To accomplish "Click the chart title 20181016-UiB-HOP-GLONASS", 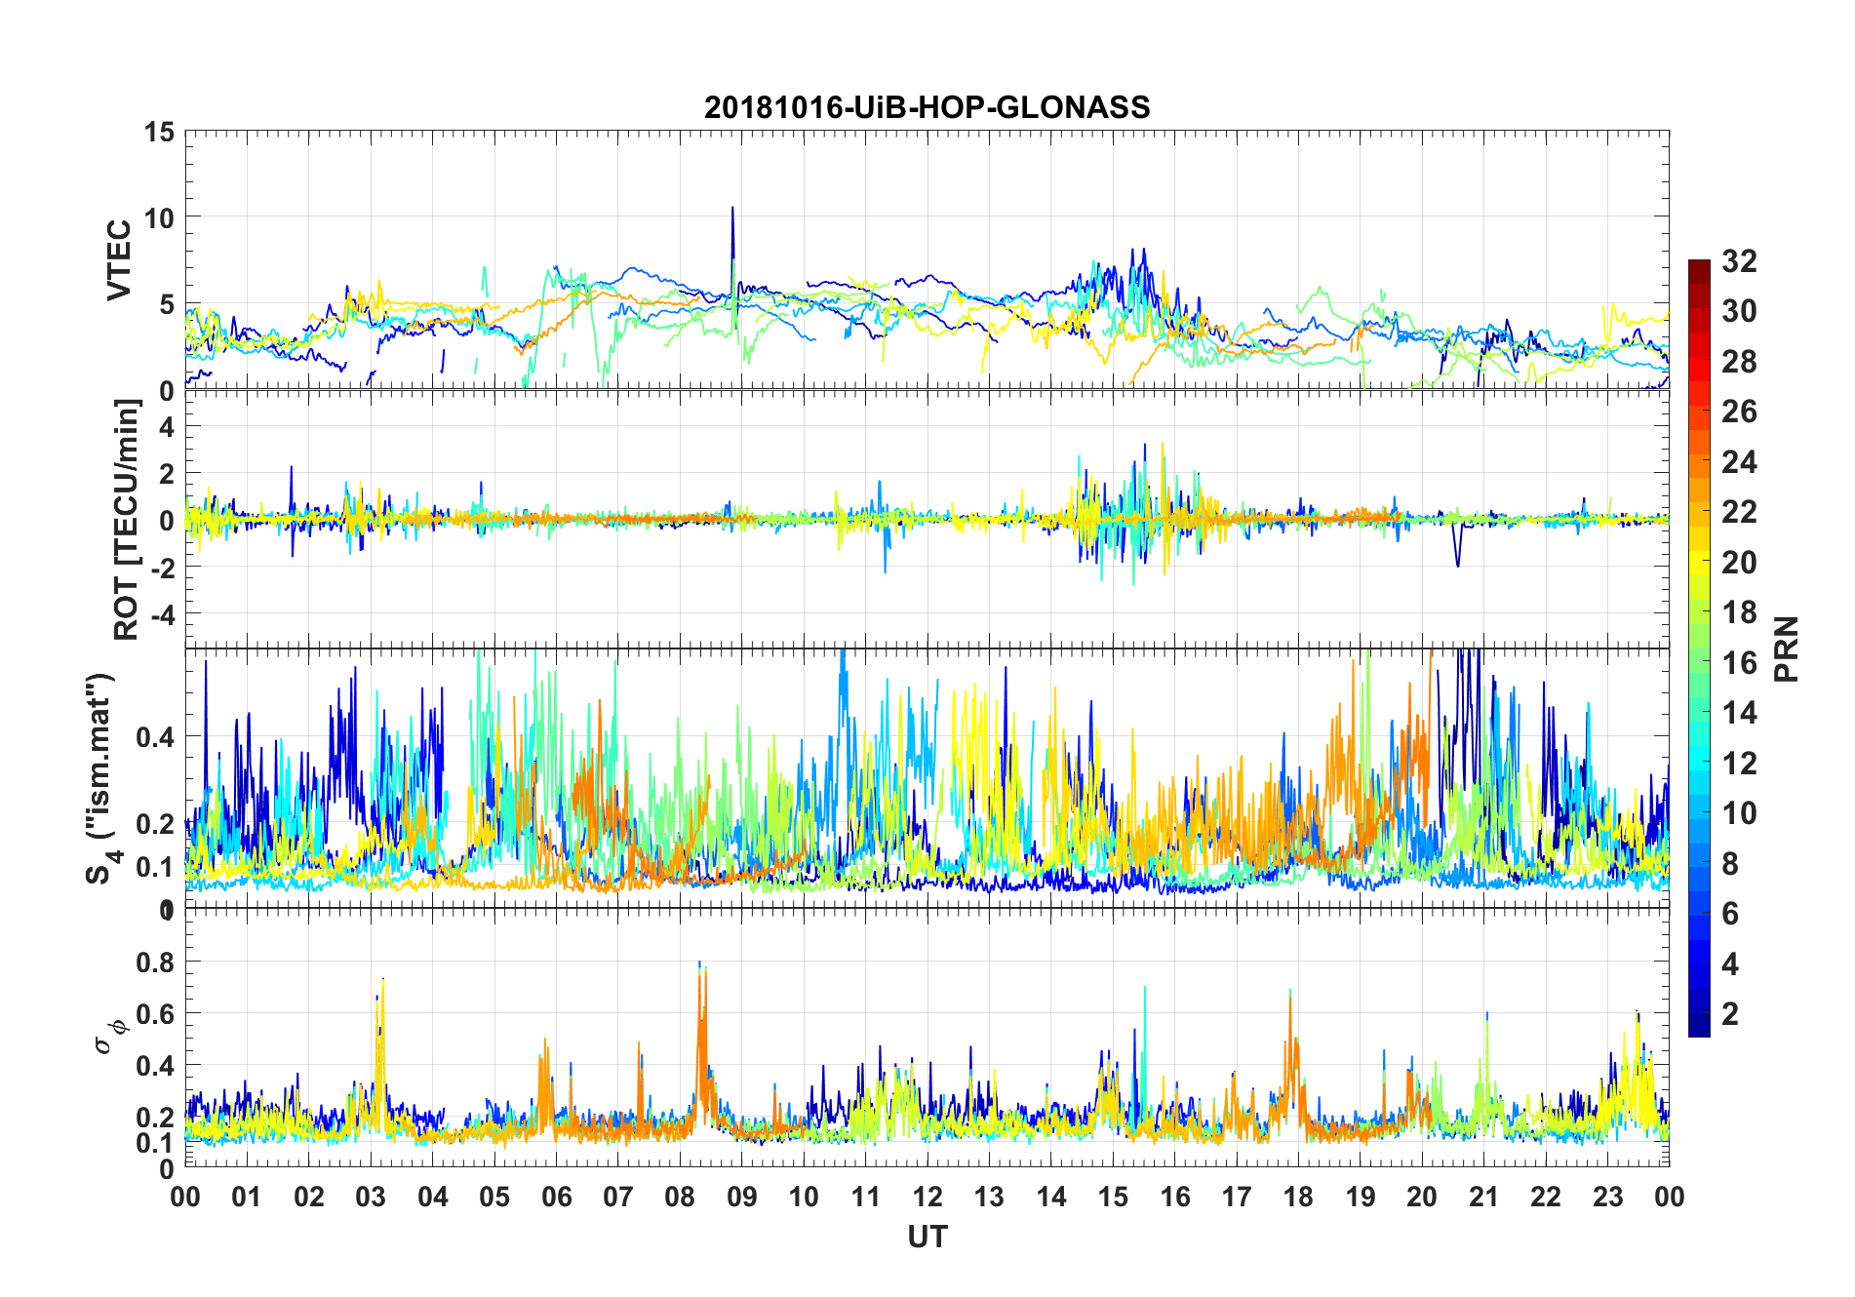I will pos(927,106).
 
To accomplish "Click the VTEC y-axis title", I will pos(119,260).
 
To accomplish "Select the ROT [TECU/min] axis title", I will pos(126,519).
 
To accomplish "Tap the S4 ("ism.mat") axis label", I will pos(101,777).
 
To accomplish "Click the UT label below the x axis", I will pos(927,1237).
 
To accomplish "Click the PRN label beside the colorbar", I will pos(1786,648).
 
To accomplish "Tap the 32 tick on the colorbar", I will pos(1739,260).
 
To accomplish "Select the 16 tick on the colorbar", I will pos(1739,662).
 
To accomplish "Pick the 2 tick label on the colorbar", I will pos(1730,1013).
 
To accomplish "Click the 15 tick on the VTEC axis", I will pos(160,132).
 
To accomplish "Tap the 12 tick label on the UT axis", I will pos(927,1197).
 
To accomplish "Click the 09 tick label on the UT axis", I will pos(742,1197).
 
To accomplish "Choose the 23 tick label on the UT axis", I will pos(1607,1197).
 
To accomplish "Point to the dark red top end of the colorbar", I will pos(1699,265).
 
